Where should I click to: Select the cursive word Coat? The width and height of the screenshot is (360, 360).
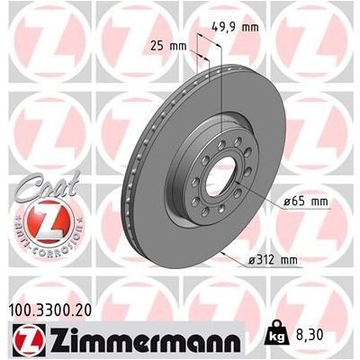pos(32,184)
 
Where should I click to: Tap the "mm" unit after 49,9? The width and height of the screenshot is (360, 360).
pos(247,27)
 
